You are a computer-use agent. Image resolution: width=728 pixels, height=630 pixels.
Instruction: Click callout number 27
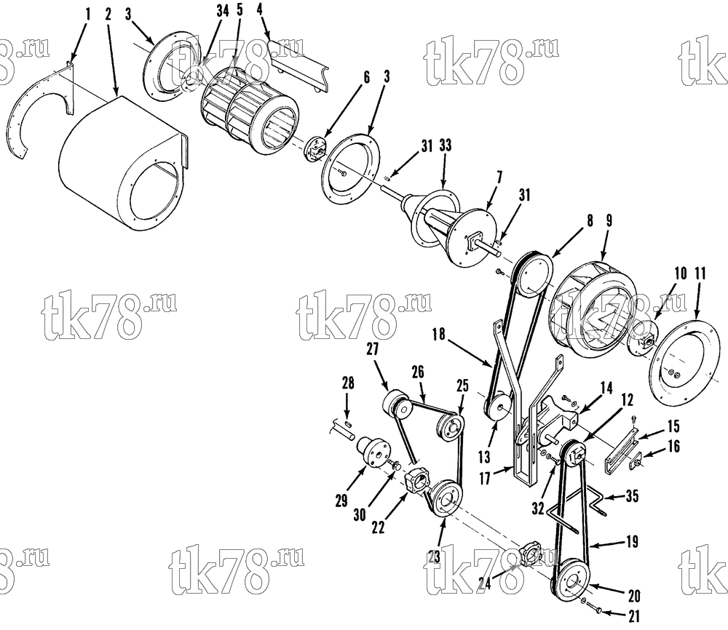[373, 349]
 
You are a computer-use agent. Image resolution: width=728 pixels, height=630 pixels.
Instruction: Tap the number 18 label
[439, 334]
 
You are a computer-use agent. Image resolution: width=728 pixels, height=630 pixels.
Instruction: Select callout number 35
[632, 496]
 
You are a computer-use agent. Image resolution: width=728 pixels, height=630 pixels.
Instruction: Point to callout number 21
[634, 616]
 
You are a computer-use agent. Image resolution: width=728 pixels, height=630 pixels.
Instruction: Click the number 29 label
[341, 501]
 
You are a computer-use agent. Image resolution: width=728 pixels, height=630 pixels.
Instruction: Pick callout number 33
[446, 145]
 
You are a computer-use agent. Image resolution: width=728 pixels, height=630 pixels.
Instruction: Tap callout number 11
[700, 274]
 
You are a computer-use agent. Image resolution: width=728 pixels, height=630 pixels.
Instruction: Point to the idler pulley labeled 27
[396, 402]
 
